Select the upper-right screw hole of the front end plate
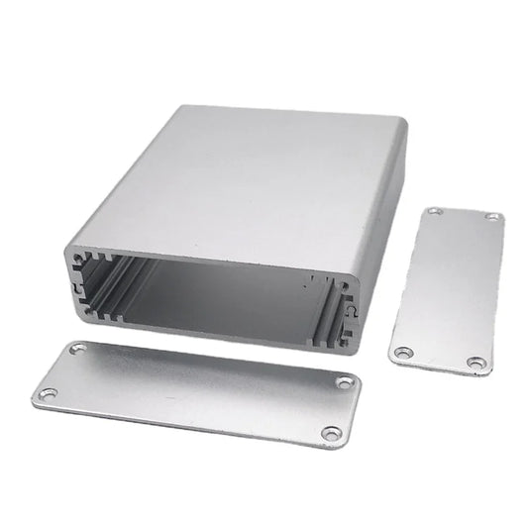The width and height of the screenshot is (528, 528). (x=343, y=382)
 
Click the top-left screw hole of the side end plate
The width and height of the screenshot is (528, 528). (x=435, y=211)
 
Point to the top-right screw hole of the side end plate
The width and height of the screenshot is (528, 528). (x=492, y=217)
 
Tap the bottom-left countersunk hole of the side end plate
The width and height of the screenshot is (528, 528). (x=402, y=352)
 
